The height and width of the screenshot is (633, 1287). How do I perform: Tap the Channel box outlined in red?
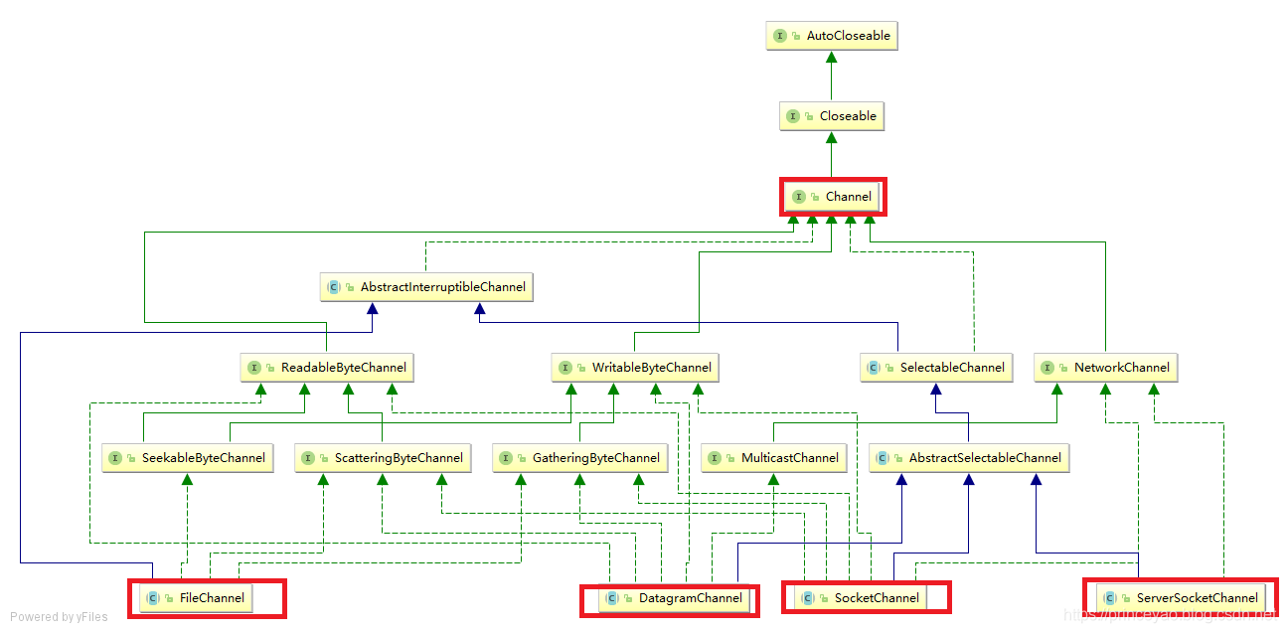point(833,197)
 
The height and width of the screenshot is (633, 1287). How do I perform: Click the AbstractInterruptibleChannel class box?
point(427,287)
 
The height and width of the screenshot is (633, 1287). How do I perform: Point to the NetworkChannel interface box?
point(1105,368)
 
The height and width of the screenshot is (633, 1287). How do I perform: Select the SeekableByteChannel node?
point(188,458)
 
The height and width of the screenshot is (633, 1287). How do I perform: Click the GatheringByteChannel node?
point(580,458)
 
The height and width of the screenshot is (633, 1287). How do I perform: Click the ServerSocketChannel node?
point(1181,598)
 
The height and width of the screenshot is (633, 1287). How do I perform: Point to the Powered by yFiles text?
point(59,617)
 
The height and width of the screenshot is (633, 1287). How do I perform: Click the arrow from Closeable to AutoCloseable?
point(832,76)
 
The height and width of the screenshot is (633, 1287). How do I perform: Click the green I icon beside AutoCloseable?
point(780,36)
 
